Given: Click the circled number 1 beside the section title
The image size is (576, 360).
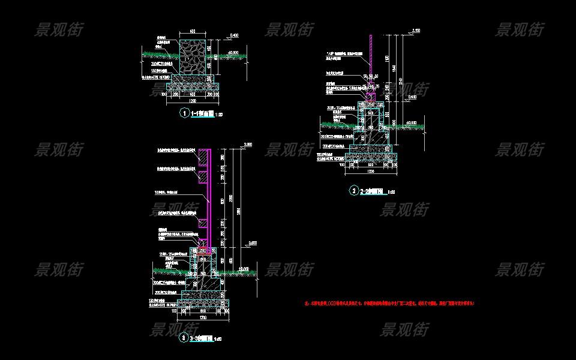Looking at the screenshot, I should pos(184,113).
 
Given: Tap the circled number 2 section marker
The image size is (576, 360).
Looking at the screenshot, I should pos(355,191).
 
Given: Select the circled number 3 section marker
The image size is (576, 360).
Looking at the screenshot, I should pos(184,338).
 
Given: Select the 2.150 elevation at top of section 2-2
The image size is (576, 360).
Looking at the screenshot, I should pos(416,30).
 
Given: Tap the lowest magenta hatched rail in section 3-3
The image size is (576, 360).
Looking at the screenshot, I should pos(204,223).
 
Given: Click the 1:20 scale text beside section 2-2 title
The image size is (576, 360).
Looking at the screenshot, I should pos(392,192).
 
